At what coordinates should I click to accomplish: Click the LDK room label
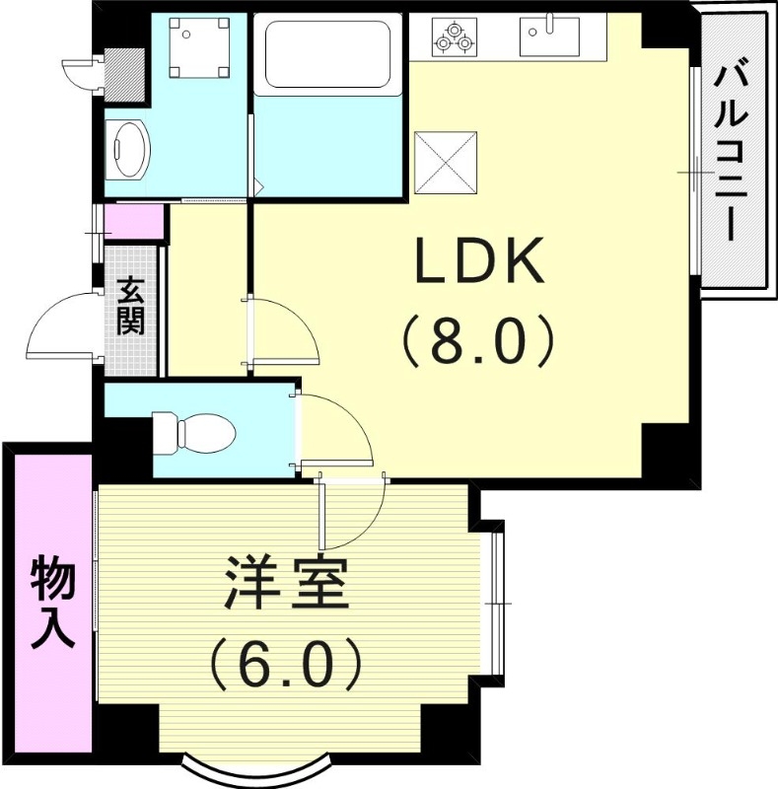coord(479,263)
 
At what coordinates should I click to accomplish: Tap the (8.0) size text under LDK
coord(479,341)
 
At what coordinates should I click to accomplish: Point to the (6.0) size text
coord(287,668)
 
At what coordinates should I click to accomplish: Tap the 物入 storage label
coord(52,602)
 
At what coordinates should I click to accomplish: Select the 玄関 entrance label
coord(131,308)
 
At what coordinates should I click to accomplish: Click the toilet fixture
coord(194,432)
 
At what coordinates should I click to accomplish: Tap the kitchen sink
coord(548,36)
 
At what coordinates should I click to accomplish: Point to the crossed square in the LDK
coord(446,163)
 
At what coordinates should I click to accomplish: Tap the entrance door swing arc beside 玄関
coord(60,326)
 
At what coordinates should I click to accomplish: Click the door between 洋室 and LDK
coord(352,514)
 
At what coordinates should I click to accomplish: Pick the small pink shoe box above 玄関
coord(134,222)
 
